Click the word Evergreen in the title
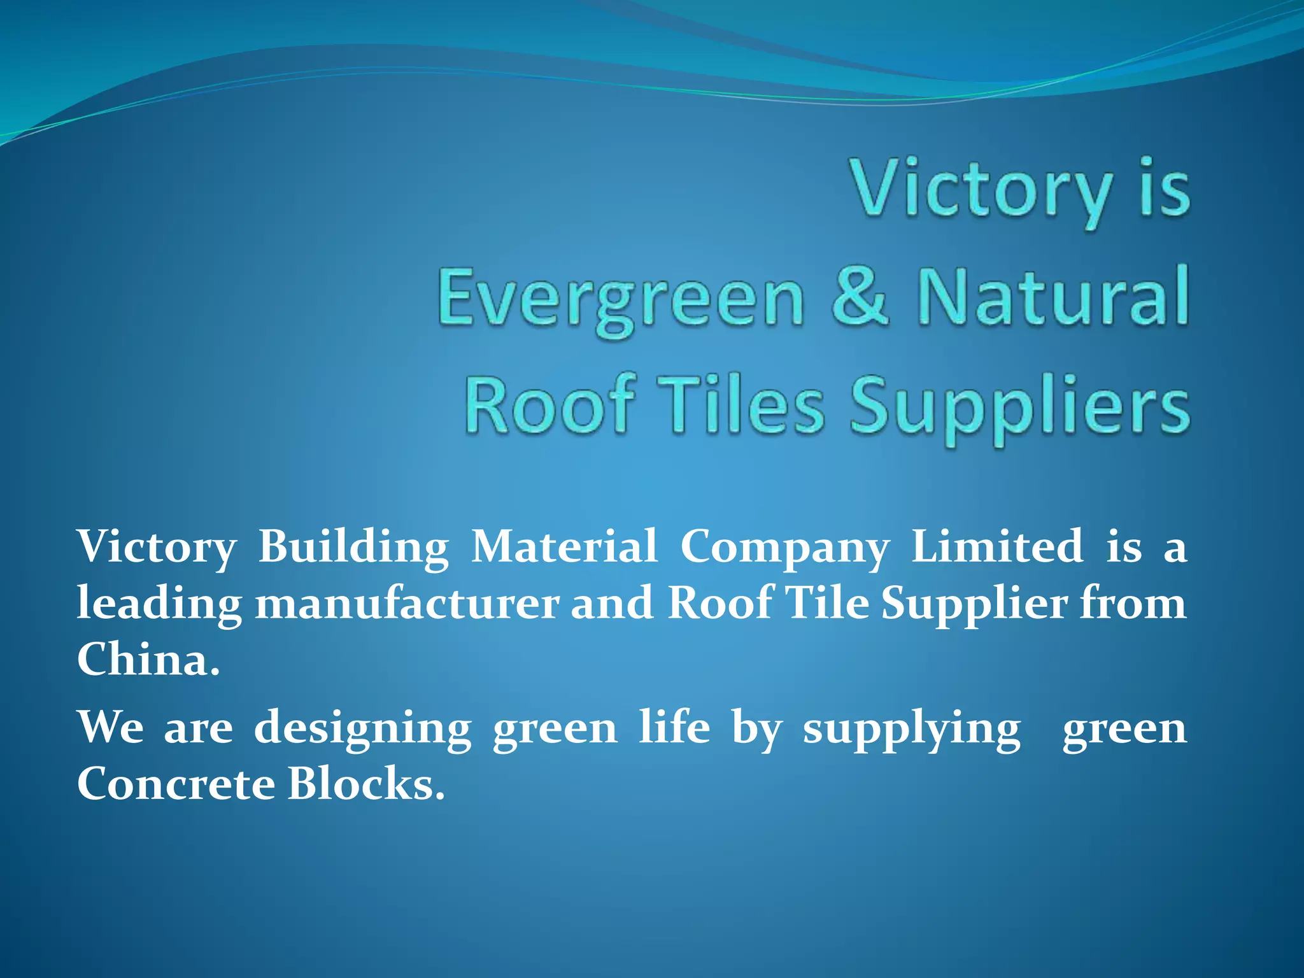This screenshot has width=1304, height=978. [621, 299]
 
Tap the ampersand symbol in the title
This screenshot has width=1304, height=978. [860, 296]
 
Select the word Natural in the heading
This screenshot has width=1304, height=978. [1052, 296]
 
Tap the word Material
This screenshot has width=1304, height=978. [564, 546]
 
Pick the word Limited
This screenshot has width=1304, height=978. [997, 546]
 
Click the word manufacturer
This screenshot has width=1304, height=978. [407, 604]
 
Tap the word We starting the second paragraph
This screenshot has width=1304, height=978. [110, 727]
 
